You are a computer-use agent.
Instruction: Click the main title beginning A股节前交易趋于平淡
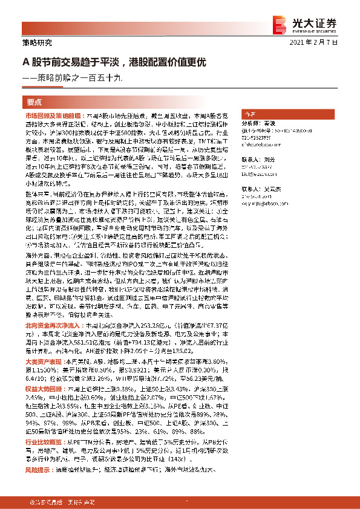(x=115, y=62)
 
